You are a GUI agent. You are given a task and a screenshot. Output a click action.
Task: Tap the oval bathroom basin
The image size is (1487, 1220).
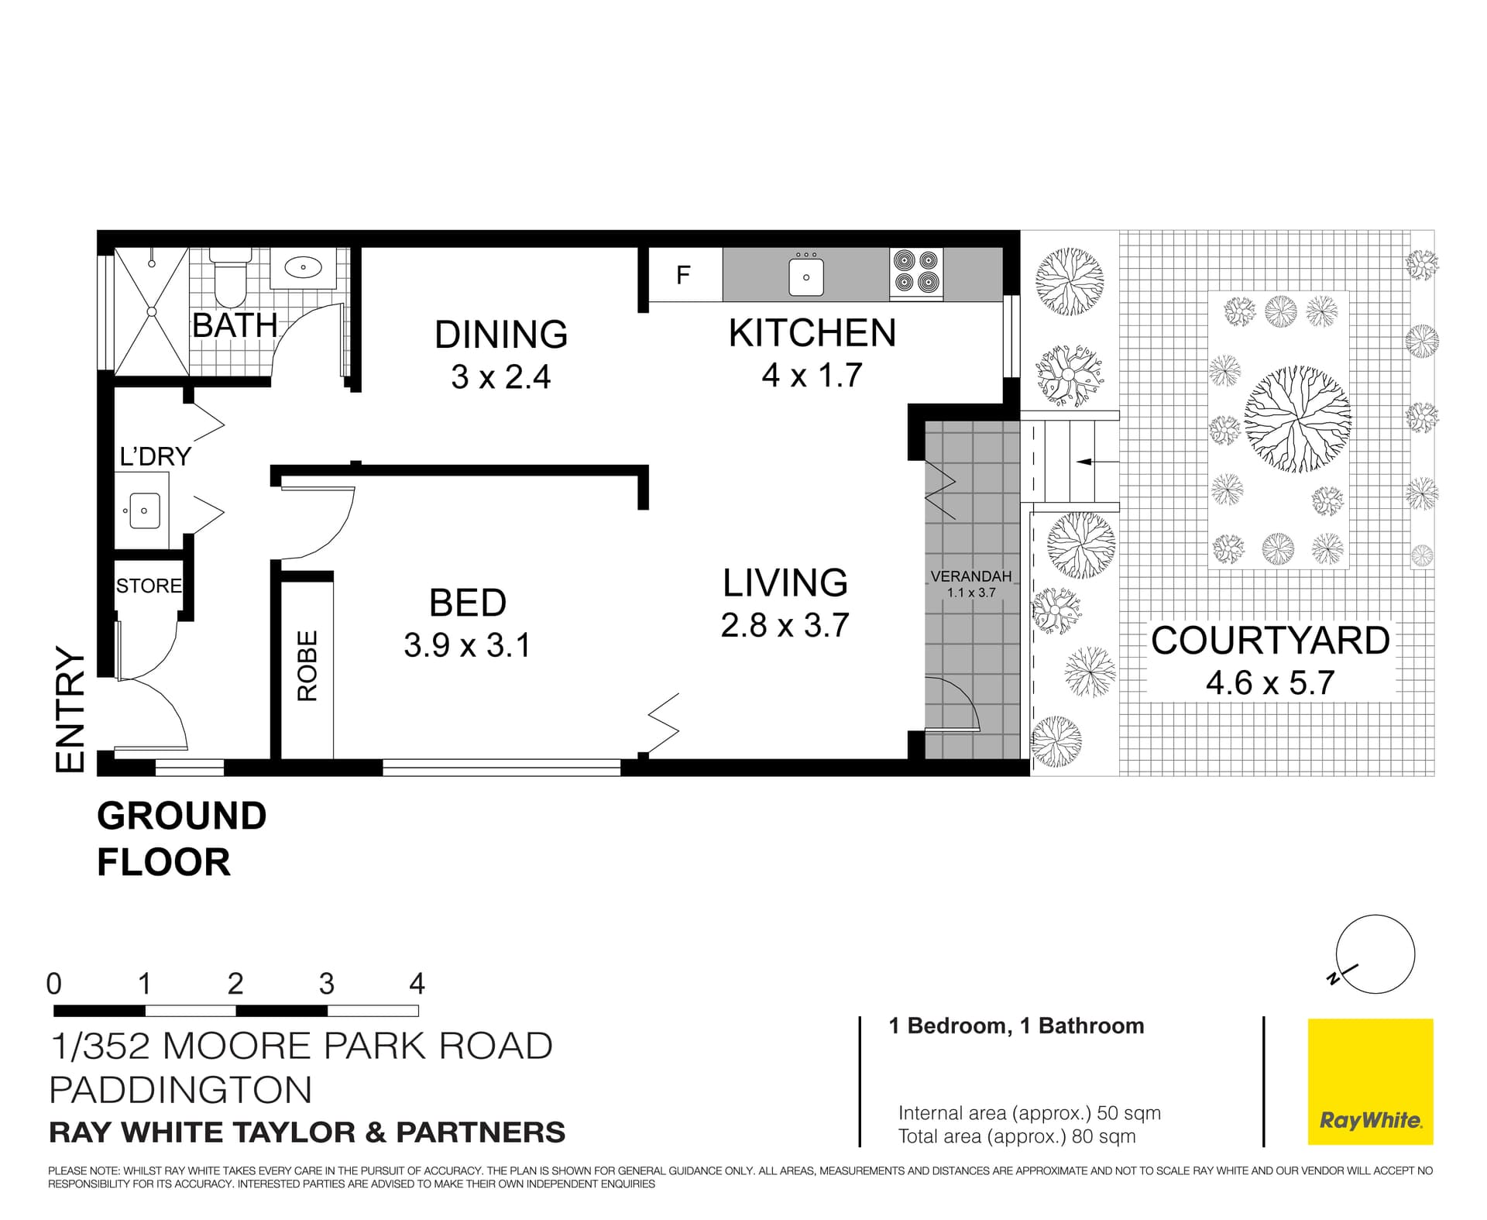click(x=303, y=268)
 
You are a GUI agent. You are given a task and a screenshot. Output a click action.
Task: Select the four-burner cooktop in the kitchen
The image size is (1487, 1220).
click(x=916, y=272)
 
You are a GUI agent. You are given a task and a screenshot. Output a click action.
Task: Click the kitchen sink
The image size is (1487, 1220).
click(x=806, y=276)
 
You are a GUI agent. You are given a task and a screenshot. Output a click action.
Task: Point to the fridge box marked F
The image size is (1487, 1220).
click(x=684, y=275)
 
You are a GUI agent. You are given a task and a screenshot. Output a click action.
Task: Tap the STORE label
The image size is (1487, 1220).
click(x=149, y=586)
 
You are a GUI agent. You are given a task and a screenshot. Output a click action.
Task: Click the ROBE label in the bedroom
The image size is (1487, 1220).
click(x=307, y=665)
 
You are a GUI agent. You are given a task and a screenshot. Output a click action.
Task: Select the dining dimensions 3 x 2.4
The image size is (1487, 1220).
click(x=500, y=377)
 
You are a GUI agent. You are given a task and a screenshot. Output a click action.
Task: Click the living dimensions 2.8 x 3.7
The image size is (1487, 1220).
click(x=785, y=625)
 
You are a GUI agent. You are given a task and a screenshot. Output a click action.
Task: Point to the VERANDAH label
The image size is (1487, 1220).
click(x=970, y=576)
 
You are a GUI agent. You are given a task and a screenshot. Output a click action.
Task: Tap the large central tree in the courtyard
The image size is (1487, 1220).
click(x=1297, y=419)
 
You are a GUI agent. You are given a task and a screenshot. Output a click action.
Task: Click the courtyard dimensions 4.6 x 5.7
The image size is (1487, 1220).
click(x=1270, y=682)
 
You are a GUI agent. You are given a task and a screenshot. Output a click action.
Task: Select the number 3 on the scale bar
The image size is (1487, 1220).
click(x=326, y=984)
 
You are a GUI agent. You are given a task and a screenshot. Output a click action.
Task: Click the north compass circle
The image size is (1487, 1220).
click(x=1375, y=954)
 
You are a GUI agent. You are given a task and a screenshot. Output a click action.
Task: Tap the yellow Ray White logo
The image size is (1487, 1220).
click(x=1370, y=1081)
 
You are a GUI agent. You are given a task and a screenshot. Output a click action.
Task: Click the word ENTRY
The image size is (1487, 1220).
click(x=70, y=710)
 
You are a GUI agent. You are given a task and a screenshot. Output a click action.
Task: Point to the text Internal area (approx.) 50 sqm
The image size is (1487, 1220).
click(x=1029, y=1113)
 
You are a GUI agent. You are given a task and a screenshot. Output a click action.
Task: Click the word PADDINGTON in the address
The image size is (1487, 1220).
click(x=180, y=1090)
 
